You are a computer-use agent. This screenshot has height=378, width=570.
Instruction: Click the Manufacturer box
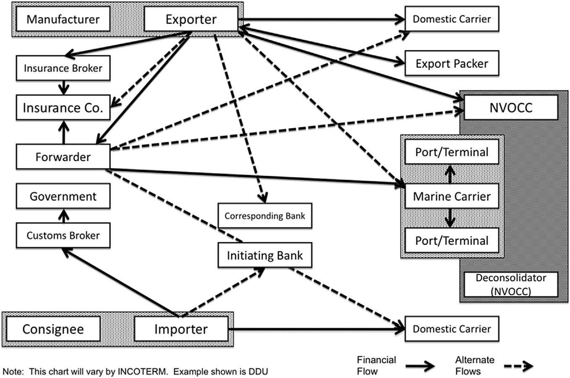click(x=63, y=19)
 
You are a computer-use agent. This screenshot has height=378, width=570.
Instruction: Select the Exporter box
click(x=191, y=19)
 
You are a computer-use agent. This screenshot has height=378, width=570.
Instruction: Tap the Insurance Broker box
click(x=63, y=68)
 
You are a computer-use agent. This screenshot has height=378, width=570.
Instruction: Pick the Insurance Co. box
click(x=63, y=108)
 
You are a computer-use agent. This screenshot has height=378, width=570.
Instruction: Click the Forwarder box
click(x=63, y=157)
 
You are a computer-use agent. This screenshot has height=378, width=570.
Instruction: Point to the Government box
click(x=63, y=196)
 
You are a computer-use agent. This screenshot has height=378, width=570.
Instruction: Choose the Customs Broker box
click(x=63, y=235)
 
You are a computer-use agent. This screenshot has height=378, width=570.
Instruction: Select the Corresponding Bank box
click(x=265, y=216)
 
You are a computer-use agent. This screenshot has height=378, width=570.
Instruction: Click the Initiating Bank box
click(x=265, y=255)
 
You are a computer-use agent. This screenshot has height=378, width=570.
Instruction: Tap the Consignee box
click(x=53, y=329)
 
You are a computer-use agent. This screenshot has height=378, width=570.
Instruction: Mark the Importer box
click(x=181, y=329)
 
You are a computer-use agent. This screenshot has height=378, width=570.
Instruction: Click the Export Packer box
click(x=452, y=63)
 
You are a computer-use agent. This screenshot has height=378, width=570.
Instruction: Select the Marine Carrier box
click(x=452, y=196)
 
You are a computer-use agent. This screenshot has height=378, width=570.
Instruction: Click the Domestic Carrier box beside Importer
click(x=452, y=329)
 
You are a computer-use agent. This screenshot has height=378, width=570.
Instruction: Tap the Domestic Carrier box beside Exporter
click(x=452, y=19)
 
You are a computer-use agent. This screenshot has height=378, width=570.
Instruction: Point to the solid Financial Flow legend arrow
click(x=420, y=366)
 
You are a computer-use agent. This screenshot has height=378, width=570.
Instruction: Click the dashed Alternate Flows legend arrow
click(x=517, y=366)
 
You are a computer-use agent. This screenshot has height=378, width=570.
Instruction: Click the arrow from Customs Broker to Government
click(x=63, y=216)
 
